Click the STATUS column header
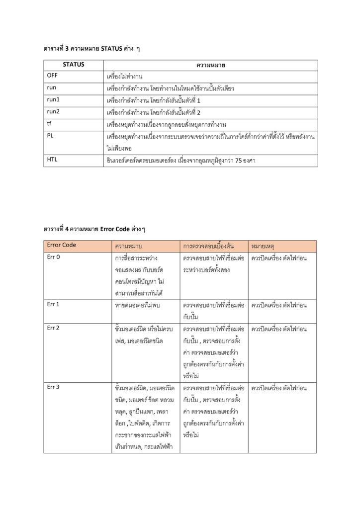(73, 65)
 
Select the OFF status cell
(52, 77)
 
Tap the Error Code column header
(62, 245)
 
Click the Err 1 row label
(53, 304)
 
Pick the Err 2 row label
(53, 328)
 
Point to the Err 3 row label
(53, 387)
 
